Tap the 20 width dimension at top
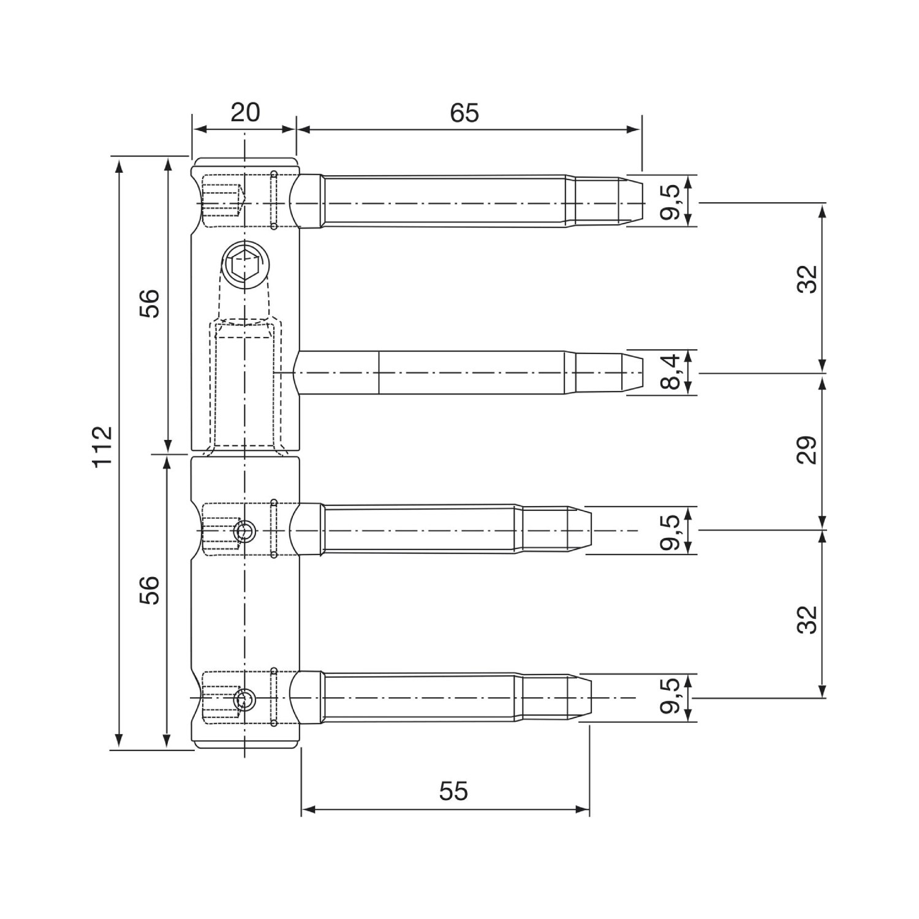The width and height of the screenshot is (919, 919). click(245, 113)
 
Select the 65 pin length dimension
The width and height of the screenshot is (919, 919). click(464, 113)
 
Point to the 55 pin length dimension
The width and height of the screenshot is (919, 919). click(453, 791)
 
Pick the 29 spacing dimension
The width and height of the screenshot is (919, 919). click(809, 450)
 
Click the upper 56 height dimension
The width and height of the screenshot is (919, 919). click(149, 303)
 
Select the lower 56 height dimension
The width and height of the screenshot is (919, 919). click(149, 590)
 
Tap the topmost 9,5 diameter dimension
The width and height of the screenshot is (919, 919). click(671, 202)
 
